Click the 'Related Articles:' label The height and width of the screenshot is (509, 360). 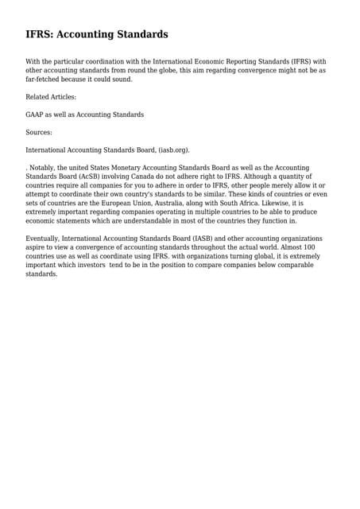(51, 97)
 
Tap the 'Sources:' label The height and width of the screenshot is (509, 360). (39, 132)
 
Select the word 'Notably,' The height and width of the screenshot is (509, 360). (44, 168)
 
